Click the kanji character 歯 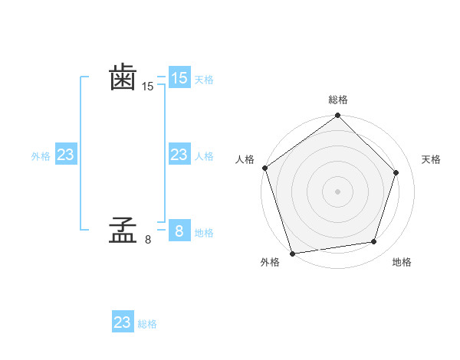click(123, 77)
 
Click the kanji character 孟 click(123, 231)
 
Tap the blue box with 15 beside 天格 click(179, 77)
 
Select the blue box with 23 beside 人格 click(179, 155)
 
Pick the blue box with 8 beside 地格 click(179, 231)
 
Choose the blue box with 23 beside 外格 click(65, 155)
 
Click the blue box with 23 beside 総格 click(123, 322)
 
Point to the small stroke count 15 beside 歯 click(148, 87)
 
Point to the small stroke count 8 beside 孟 click(148, 240)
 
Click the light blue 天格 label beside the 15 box click(204, 80)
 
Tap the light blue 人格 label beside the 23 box click(204, 156)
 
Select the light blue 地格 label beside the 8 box click(204, 233)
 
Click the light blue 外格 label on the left click(41, 156)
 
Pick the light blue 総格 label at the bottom click(147, 324)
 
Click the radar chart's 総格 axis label click(338, 100)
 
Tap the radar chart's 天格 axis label click(431, 159)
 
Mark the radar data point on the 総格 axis click(338, 116)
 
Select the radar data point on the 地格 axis click(374, 242)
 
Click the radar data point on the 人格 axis click(265, 168)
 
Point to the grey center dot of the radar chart click(338, 191)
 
